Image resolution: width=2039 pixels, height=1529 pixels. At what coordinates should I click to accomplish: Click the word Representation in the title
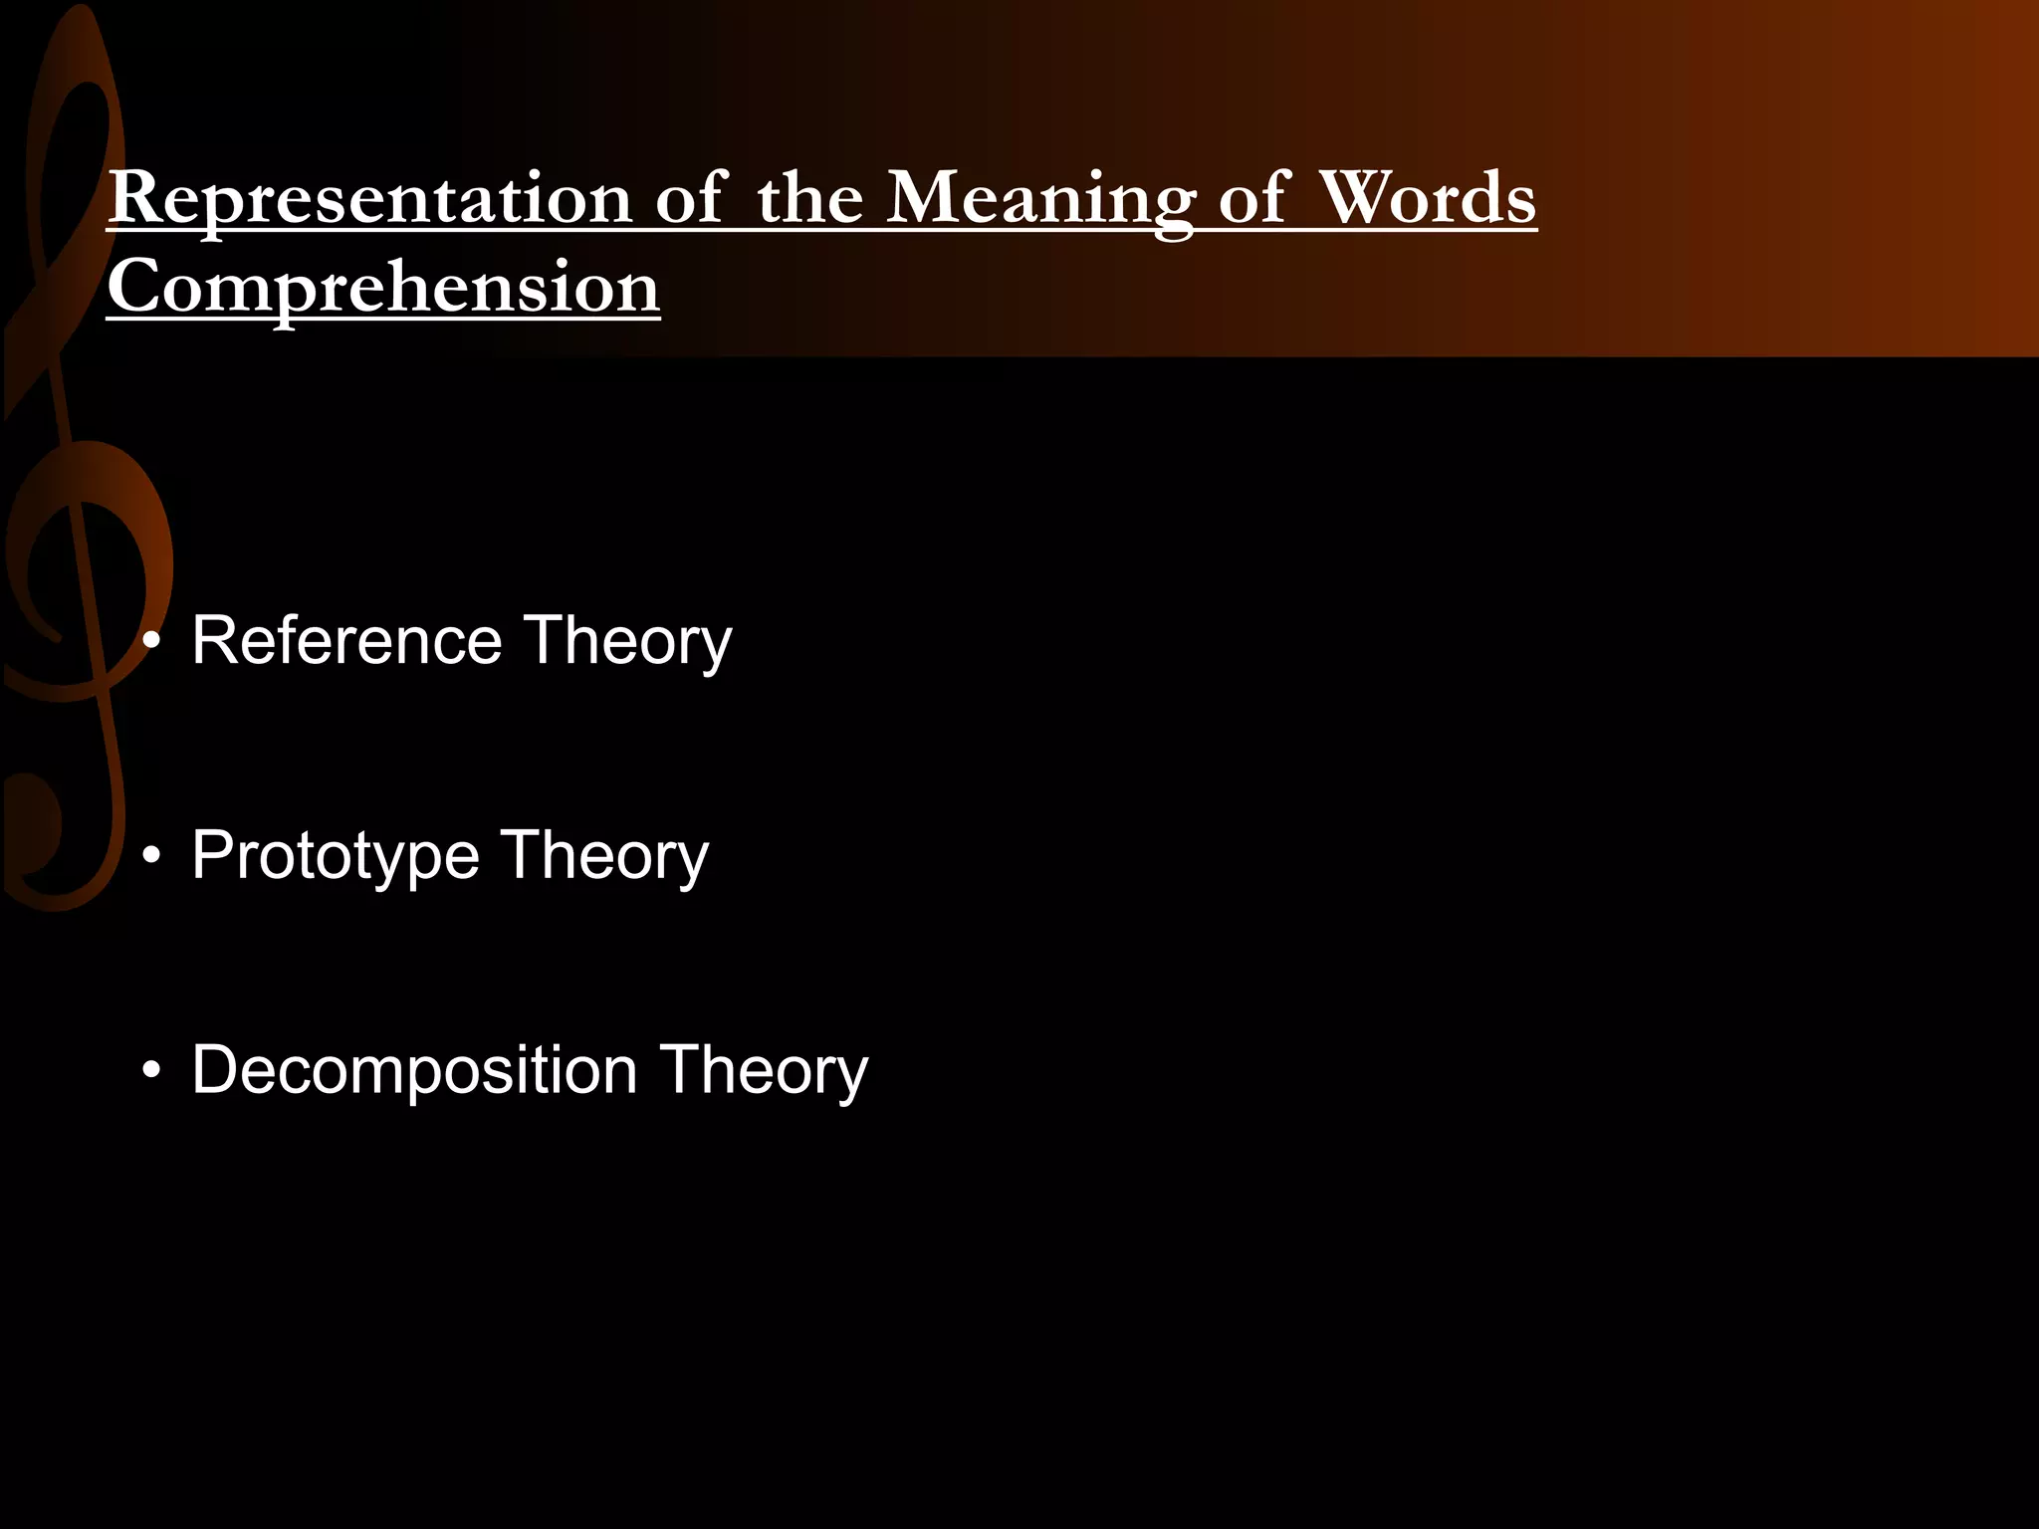click(x=369, y=199)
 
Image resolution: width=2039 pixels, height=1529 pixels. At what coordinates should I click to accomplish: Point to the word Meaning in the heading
click(x=1040, y=199)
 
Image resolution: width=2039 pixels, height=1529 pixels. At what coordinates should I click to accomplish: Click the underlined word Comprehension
click(x=383, y=287)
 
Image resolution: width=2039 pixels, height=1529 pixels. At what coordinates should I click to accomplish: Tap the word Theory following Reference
click(x=627, y=642)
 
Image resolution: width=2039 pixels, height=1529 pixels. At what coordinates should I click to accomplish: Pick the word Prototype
click(x=336, y=856)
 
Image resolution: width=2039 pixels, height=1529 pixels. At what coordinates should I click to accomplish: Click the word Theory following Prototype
click(x=604, y=857)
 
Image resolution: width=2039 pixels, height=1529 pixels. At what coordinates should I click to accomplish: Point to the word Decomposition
click(x=414, y=1071)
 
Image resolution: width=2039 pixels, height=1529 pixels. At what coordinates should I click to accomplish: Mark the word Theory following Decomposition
click(x=764, y=1072)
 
